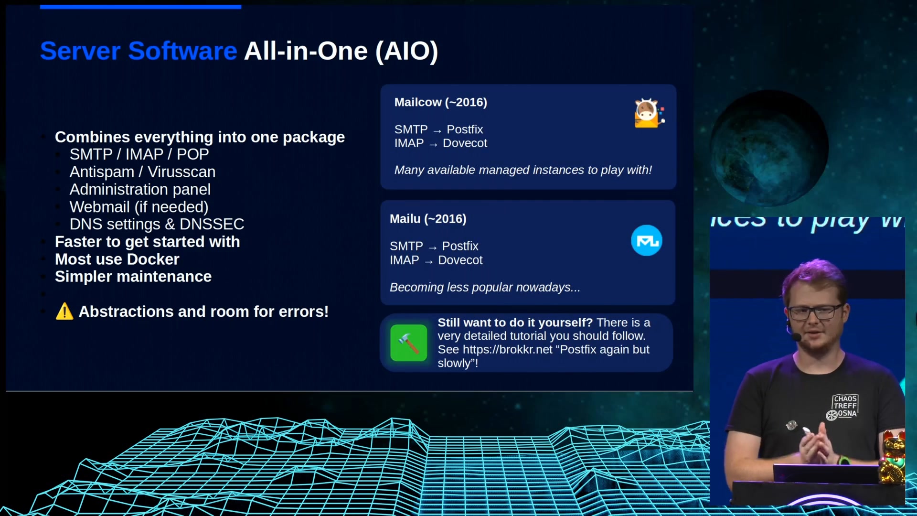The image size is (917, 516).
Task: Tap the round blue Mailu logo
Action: [x=647, y=240]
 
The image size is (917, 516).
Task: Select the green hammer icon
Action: [x=409, y=343]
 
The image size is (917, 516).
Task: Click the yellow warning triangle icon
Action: [x=64, y=312]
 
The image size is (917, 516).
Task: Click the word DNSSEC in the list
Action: [x=212, y=224]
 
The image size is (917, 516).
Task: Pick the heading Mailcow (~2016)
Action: [x=441, y=102]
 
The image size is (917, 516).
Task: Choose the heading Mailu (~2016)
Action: [x=428, y=219]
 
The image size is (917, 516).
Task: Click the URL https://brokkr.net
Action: [x=508, y=349]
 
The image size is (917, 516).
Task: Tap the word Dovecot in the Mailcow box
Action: [x=465, y=143]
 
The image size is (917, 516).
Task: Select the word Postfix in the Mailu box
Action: [x=460, y=246]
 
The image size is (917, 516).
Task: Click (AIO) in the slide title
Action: [x=407, y=51]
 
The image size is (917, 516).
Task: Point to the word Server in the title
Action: [x=80, y=51]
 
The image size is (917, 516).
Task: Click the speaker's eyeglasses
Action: [x=815, y=312]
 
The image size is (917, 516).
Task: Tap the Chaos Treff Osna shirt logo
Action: [x=843, y=407]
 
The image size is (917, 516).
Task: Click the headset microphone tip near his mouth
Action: [x=796, y=337]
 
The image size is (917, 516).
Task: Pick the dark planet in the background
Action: [x=769, y=148]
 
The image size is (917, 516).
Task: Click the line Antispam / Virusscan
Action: [x=142, y=172]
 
